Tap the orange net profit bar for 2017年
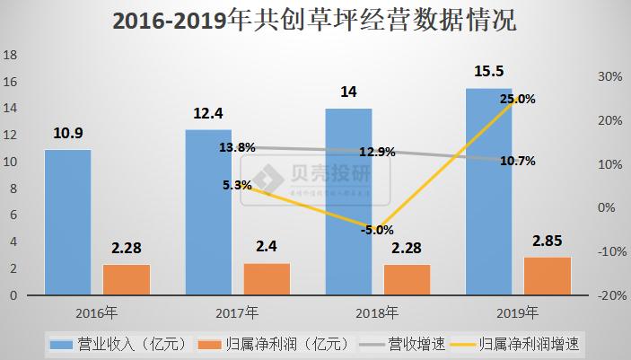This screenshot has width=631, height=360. (267, 278)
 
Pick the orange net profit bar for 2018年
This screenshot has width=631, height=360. (407, 279)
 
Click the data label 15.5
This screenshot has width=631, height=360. (488, 71)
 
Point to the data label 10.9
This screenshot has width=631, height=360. (67, 132)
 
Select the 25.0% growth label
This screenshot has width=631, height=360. (518, 99)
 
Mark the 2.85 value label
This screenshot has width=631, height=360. (547, 242)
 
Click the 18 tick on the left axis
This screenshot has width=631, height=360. (11, 55)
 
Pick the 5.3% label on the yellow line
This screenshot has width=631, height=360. (238, 185)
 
